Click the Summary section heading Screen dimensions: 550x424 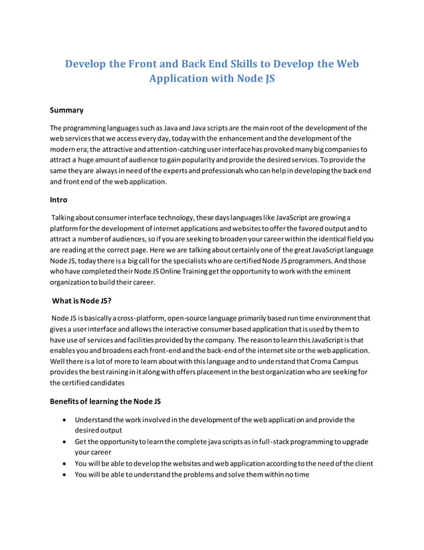[67, 110]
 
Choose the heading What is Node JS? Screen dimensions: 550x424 [82, 300]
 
